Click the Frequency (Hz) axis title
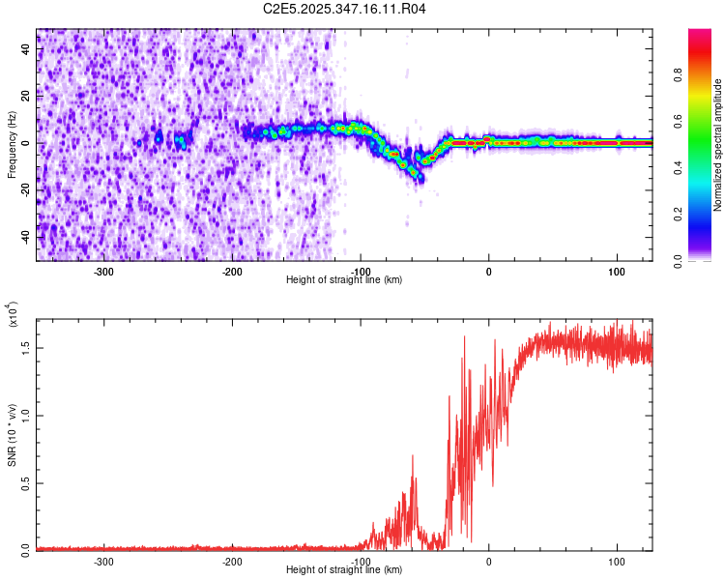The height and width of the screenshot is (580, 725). coord(11,144)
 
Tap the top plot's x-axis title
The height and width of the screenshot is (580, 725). coord(344,279)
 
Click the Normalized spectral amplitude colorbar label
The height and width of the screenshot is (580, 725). coord(718,145)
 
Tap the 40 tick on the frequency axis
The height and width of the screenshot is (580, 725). coord(25,49)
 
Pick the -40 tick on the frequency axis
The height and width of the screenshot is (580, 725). coord(23,237)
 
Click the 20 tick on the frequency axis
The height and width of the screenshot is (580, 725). coord(25,96)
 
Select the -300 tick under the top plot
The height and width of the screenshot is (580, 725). coord(103,271)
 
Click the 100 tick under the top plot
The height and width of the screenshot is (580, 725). coord(617,271)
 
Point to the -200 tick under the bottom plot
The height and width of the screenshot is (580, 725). coord(232,560)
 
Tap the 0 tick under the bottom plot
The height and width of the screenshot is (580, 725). coord(488,560)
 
